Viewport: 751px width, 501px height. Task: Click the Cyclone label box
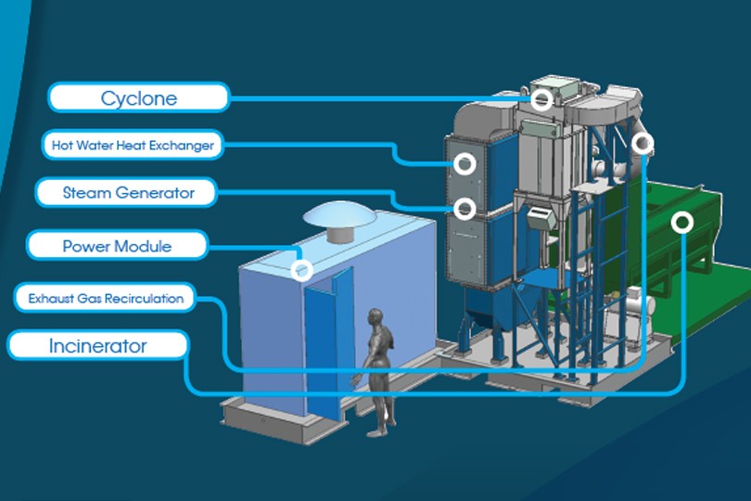(x=138, y=97)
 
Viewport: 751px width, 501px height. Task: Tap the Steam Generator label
(x=128, y=193)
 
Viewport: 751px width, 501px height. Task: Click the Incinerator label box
(x=97, y=346)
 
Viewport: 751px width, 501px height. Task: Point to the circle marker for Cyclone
(x=542, y=97)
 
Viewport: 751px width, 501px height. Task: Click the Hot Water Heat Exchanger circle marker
(x=465, y=164)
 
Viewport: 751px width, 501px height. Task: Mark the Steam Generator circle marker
(x=465, y=209)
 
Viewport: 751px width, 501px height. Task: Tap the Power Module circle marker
(x=300, y=270)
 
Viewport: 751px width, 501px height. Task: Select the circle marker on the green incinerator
(x=682, y=223)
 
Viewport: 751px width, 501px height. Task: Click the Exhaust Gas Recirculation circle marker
(x=643, y=143)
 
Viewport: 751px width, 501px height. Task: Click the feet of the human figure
(x=376, y=430)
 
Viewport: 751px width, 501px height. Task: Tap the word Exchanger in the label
(x=185, y=145)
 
